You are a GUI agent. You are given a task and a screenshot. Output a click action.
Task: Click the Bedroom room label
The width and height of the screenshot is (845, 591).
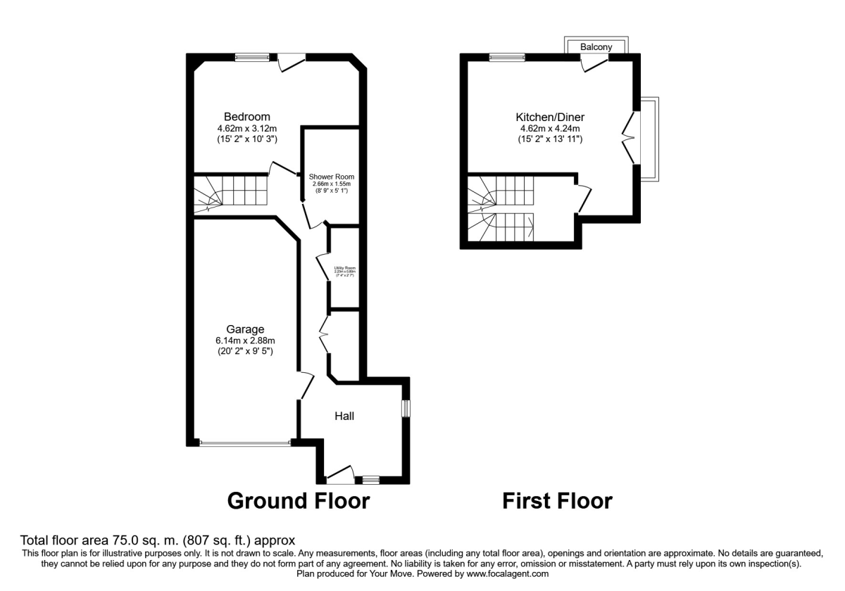(246, 117)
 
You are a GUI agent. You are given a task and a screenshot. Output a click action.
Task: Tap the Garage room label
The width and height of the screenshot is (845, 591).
(245, 329)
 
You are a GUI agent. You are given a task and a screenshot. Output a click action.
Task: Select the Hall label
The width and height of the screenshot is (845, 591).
(344, 417)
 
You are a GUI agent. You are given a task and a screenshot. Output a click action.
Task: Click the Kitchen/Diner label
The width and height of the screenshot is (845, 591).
(550, 117)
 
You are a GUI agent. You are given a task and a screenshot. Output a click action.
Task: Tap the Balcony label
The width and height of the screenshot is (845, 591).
(596, 47)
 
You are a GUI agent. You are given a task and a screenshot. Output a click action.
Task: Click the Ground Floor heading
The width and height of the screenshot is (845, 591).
(298, 501)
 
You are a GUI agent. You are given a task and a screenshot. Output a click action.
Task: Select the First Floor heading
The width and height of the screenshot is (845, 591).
(557, 501)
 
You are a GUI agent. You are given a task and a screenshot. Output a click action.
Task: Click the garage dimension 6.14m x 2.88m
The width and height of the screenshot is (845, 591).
(245, 341)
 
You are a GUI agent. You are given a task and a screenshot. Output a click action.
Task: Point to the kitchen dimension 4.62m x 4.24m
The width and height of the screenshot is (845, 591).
(550, 129)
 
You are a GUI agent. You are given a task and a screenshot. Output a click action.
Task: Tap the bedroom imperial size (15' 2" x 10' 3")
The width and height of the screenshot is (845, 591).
(246, 140)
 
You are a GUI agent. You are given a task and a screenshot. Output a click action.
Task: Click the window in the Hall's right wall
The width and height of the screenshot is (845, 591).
(406, 409)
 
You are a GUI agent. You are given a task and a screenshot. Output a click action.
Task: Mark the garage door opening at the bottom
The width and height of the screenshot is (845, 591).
(244, 443)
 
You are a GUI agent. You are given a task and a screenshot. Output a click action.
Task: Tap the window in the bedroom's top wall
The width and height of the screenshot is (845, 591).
(251, 58)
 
